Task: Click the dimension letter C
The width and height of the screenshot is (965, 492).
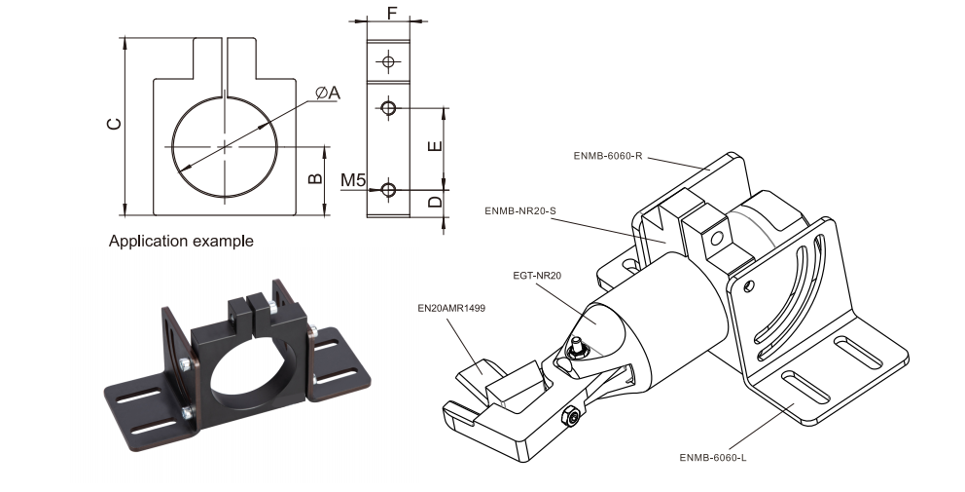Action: pos(115,124)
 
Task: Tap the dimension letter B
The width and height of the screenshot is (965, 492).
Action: pos(314,178)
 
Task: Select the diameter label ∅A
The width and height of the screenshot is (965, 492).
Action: pos(328,93)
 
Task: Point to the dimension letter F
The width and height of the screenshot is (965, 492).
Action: pos(391,12)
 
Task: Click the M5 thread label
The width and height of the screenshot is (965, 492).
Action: pos(353,180)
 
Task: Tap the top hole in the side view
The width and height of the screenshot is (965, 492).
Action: pos(389,62)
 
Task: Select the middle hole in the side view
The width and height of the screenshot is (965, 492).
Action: pos(389,108)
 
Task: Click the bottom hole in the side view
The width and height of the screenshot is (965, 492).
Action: pos(389,189)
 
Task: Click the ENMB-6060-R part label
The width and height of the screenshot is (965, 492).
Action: pos(609,155)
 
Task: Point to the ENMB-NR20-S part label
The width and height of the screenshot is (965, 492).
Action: pos(520,210)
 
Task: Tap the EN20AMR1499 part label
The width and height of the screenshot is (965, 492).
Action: pos(451,308)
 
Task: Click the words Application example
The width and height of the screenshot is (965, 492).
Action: pos(181,241)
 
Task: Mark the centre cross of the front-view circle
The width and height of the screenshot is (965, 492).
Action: pos(225,146)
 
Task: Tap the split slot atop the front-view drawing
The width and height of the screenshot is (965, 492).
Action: pos(225,58)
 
